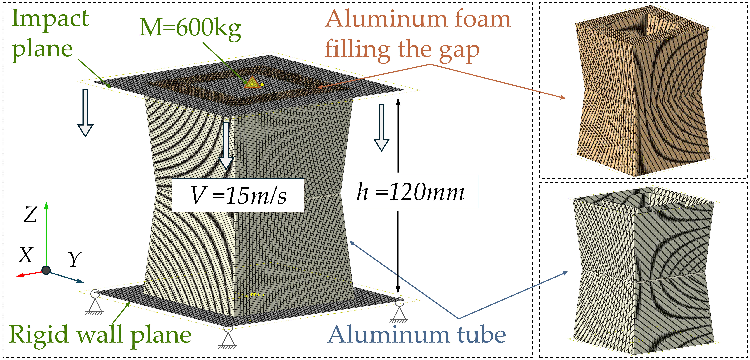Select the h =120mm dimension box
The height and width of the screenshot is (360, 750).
(x=411, y=192)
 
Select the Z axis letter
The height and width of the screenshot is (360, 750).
(x=30, y=215)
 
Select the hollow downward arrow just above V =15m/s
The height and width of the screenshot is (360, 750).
(x=226, y=146)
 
